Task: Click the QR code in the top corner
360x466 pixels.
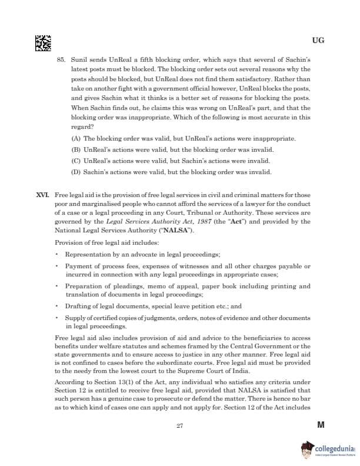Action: pyautogui.click(x=42, y=42)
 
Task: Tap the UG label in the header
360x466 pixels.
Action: pyautogui.click(x=318, y=41)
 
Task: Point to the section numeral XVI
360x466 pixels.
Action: pyautogui.click(x=43, y=194)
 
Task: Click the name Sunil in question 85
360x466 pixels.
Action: pyautogui.click(x=79, y=60)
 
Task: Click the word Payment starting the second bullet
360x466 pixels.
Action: pyautogui.click(x=79, y=266)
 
